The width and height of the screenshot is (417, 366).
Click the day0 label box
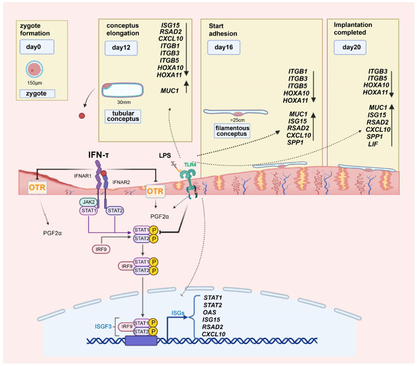coord(37,47)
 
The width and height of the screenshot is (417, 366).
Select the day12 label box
coord(121,48)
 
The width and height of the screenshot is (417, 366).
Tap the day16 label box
coord(224,47)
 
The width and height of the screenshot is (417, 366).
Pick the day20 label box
coord(350,47)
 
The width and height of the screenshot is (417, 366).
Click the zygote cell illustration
coord(35,69)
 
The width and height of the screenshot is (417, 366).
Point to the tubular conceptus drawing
coord(122,90)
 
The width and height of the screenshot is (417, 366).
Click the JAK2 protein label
coord(88,202)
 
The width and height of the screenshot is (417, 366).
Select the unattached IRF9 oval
coord(101,249)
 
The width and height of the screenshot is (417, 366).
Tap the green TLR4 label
coord(190,165)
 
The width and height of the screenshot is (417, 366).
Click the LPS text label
coord(165,156)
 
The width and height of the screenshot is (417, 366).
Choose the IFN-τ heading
coord(98,155)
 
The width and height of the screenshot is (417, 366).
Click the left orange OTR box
coord(37,187)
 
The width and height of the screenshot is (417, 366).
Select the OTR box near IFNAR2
coord(155,191)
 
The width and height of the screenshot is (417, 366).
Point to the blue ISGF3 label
coord(103,326)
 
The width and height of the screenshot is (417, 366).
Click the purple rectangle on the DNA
coord(141,341)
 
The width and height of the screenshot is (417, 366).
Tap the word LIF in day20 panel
coord(373,144)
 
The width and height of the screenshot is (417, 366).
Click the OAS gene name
coord(210,312)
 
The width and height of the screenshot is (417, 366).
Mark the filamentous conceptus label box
coord(232,131)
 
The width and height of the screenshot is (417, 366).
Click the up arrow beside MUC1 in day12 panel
coord(187,86)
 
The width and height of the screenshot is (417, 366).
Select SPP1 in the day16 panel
coord(295,143)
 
